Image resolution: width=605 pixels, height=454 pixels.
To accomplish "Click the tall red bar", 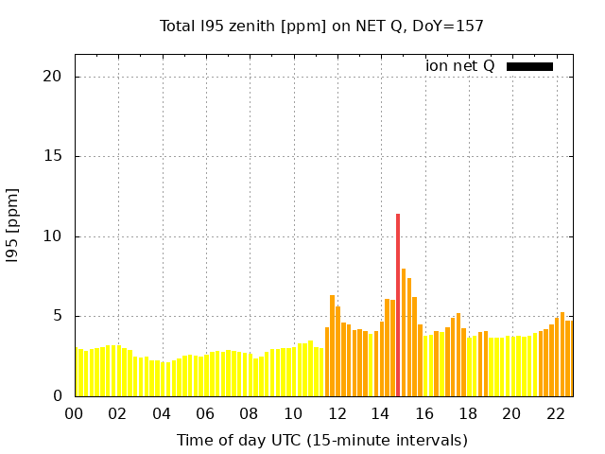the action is (398, 305).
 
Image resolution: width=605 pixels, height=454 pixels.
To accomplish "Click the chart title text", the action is (321, 26).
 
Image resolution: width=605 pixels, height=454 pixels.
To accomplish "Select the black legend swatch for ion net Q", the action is (529, 66).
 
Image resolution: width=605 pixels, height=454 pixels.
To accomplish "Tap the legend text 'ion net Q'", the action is (459, 66).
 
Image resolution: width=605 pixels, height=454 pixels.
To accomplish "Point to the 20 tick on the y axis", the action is (52, 77).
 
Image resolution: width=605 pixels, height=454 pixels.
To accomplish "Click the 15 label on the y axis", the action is (52, 156).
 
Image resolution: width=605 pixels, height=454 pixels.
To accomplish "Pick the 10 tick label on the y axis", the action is (52, 236).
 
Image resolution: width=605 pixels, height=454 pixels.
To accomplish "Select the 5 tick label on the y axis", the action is (57, 316).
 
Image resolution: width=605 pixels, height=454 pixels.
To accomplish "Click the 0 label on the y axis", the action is (57, 395).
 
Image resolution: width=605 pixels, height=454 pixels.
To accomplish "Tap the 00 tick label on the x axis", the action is (74, 414).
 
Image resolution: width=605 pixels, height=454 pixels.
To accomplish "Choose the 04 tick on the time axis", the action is (162, 414).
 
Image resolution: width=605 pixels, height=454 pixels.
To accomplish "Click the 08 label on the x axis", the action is (249, 414).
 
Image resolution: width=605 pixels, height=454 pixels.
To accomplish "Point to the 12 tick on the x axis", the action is (337, 414).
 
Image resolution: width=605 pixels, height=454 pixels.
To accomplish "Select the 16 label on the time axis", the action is (424, 414).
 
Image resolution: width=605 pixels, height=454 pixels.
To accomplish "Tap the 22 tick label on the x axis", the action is (556, 414).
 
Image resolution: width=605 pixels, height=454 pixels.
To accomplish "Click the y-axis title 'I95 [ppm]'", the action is (12, 226).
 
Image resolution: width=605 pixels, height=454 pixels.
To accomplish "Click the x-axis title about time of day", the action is (322, 441).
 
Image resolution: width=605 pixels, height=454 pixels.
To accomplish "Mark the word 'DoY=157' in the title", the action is (448, 26).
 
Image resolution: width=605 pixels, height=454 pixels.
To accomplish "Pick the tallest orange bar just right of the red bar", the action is (404, 332).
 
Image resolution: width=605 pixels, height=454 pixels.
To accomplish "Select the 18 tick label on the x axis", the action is (468, 414).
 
